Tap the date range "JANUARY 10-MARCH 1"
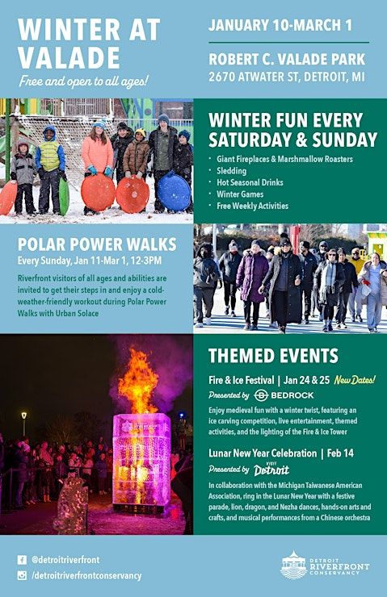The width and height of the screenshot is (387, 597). point(280,25)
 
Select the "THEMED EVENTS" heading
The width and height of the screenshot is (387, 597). point(273,356)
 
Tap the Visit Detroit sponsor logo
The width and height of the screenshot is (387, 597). point(271,470)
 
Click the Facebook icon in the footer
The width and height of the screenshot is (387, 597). point(22,559)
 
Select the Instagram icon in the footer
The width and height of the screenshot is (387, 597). point(22,575)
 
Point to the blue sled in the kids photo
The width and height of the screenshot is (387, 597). point(174,192)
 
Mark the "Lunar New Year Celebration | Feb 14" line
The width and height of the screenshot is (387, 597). point(280,453)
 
